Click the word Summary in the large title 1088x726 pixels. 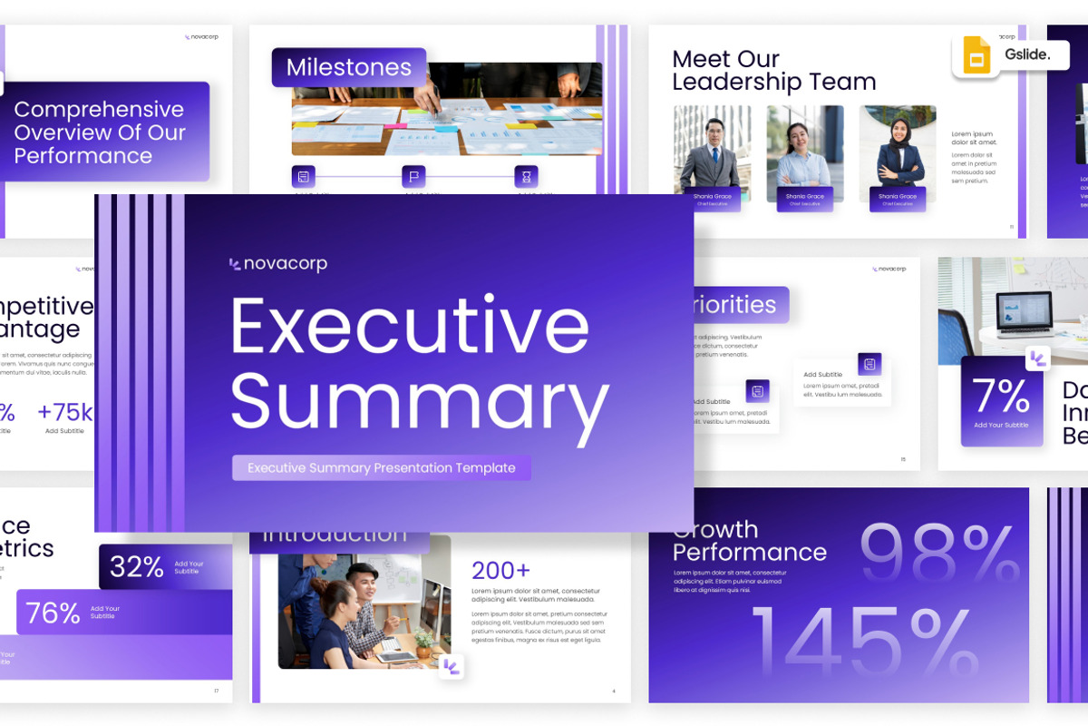pyautogui.click(x=419, y=401)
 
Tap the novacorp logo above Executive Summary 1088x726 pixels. pyautogui.click(x=278, y=264)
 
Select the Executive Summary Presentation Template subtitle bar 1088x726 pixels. pyautogui.click(x=382, y=468)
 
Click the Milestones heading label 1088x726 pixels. pyautogui.click(x=349, y=67)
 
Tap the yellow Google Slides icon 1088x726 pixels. pyautogui.click(x=976, y=56)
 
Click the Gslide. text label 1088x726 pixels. pyautogui.click(x=1027, y=54)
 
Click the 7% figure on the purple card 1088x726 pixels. pyautogui.click(x=1001, y=397)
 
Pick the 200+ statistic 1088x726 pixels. pyautogui.click(x=500, y=570)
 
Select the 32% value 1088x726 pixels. pyautogui.click(x=137, y=567)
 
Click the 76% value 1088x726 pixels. pyautogui.click(x=53, y=613)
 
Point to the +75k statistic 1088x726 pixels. pyautogui.click(x=64, y=413)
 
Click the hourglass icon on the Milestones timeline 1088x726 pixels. pyautogui.click(x=526, y=176)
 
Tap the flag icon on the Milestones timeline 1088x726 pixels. pyautogui.click(x=413, y=176)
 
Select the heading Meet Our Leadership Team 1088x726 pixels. pyautogui.click(x=773, y=71)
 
